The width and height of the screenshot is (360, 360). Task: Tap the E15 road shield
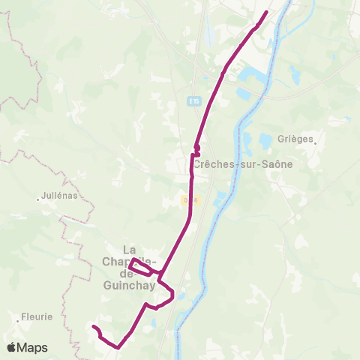193,100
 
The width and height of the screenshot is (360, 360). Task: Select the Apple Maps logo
27,347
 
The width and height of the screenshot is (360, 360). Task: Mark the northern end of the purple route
267,12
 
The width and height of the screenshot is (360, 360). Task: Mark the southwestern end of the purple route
94,327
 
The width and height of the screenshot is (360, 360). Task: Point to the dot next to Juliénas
38,199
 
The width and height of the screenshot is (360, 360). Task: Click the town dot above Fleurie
17,319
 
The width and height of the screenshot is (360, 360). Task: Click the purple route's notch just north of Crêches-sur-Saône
196,149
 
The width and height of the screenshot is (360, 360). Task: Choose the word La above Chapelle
129,249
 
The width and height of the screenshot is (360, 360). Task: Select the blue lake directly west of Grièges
265,140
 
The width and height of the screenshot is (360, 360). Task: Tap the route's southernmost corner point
118,347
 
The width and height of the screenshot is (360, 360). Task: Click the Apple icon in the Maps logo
10,347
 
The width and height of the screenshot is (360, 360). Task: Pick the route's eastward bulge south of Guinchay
172,295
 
